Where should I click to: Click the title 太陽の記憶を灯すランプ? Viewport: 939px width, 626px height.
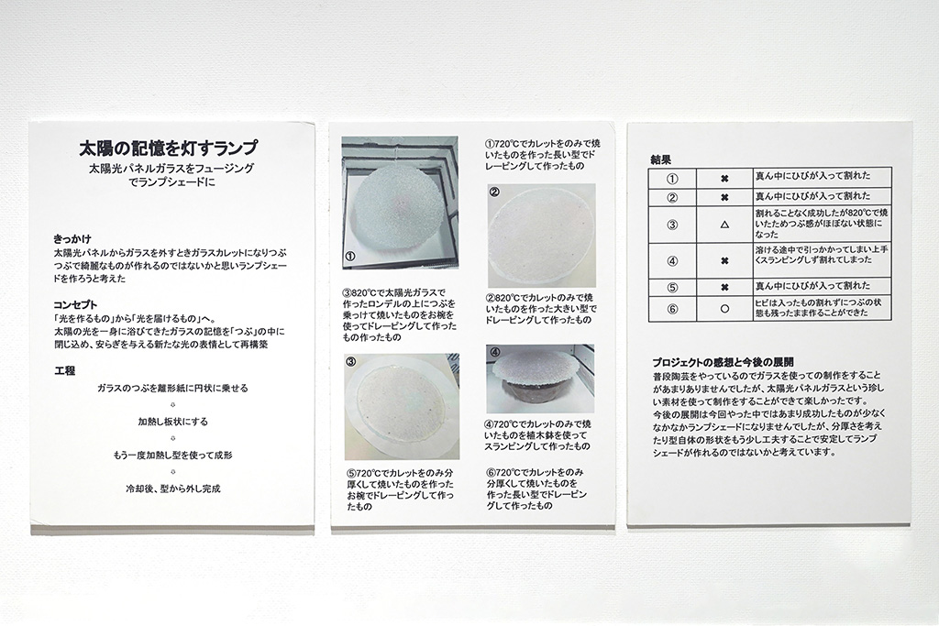coord(169,147)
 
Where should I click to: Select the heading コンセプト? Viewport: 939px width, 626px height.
coord(75,305)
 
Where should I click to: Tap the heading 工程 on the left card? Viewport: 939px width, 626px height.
coord(65,371)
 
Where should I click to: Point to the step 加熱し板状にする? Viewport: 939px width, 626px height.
coord(172,422)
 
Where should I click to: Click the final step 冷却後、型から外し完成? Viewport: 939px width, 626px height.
coord(172,489)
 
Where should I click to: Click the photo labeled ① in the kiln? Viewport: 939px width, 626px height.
coord(400,203)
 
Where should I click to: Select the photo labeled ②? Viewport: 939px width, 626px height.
coord(541,236)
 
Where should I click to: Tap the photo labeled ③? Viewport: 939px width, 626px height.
coord(401,406)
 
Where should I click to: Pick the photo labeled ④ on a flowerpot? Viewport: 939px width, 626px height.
coord(540,379)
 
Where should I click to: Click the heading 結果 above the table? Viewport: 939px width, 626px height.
coord(660,160)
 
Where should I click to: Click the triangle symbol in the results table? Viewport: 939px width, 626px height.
coord(724,225)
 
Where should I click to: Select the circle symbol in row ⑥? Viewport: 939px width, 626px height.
coord(724,309)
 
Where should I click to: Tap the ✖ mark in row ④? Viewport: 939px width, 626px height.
coord(724,261)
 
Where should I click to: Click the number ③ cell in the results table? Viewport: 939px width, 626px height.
coord(672,225)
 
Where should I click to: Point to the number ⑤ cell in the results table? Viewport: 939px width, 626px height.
coord(672,287)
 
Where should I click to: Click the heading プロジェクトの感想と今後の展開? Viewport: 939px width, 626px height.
coord(723,362)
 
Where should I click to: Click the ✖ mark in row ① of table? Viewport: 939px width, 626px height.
coord(724,179)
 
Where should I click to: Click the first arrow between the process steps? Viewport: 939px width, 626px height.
coord(172,404)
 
